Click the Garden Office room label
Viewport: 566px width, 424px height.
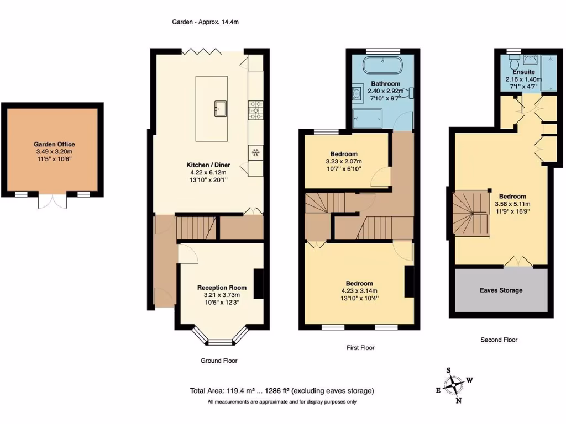tap(54, 144)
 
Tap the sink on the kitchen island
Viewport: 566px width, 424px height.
tap(221, 108)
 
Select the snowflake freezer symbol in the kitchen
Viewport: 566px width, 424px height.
tap(256, 151)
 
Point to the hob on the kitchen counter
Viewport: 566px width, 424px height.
tap(256, 109)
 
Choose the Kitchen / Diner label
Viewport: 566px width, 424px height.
tap(208, 165)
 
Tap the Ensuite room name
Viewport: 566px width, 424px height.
tap(523, 72)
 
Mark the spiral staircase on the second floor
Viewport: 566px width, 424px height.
tap(470, 212)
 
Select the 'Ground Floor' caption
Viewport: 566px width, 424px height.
tap(219, 361)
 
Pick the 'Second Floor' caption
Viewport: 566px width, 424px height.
tap(499, 340)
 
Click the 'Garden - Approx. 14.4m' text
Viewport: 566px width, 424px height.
tap(205, 22)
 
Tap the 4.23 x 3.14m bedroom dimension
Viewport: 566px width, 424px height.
tap(359, 291)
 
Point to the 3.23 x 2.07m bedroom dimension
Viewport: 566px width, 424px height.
tap(344, 161)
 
